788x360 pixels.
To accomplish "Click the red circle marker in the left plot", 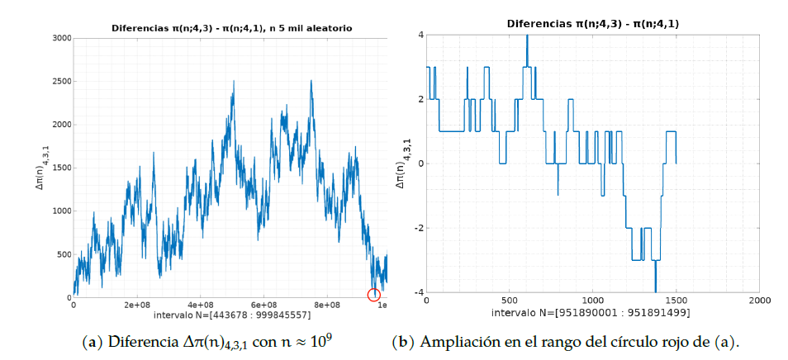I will pos(374,295).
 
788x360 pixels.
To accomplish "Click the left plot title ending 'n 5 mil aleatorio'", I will pos(232,28).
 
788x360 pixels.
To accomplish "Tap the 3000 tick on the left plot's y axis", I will pos(60,38).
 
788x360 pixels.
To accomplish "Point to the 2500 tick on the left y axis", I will pos(60,81).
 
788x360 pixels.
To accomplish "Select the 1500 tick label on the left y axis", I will pos(60,168).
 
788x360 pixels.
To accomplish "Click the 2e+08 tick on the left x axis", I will pos(136,305).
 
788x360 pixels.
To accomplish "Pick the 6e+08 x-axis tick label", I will pos(264,305).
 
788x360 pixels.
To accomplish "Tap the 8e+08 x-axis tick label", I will pos(328,305).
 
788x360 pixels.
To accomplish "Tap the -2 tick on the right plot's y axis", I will pos(419,228).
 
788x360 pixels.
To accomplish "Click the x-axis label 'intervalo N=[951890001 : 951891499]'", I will pos(593,313).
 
